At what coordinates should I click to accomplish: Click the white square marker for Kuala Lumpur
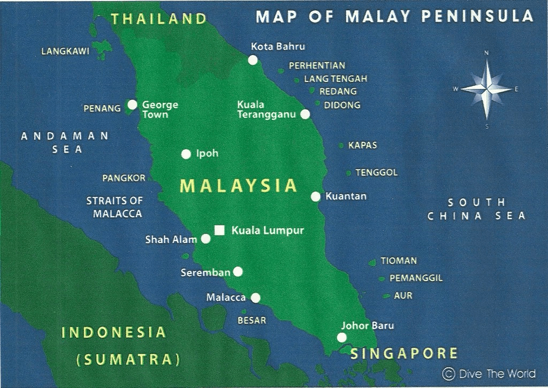219,230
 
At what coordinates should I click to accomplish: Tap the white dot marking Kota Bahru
253,60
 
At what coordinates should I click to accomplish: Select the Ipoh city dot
186,154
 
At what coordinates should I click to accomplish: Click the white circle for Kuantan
316,196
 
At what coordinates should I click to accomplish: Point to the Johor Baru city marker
341,337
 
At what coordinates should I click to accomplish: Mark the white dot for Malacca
256,298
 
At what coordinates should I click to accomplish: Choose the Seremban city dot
238,272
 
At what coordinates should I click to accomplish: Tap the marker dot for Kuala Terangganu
305,114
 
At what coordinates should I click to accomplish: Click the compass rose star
486,89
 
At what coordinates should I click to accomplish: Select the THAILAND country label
159,19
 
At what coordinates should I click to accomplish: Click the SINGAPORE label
404,353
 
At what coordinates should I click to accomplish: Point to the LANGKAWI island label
65,52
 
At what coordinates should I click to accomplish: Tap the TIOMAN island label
399,261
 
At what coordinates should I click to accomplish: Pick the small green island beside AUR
386,296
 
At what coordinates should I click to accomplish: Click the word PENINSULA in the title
477,17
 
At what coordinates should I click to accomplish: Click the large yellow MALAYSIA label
238,186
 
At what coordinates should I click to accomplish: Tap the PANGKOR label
124,178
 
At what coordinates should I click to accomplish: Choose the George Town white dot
132,104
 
